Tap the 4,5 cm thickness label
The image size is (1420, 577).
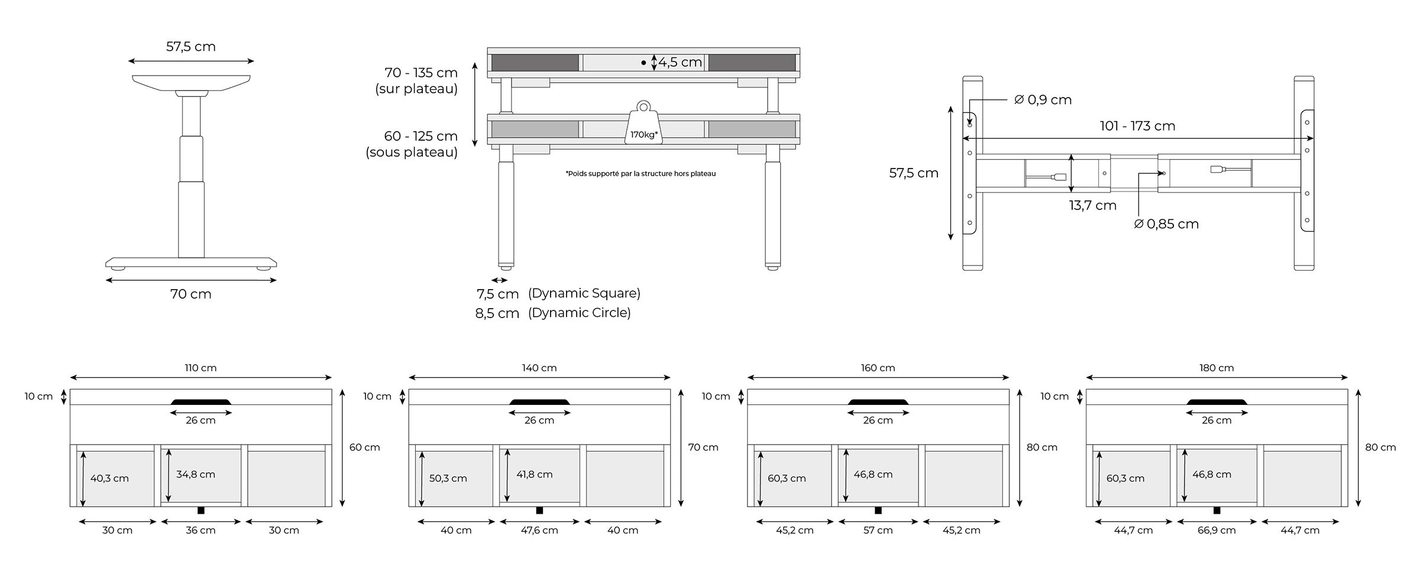coord(680,62)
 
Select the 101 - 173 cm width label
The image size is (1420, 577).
coord(1137,126)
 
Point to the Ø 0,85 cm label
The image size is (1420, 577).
coord(1166,224)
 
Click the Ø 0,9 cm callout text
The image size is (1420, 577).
coord(1043,100)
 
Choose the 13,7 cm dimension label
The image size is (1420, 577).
coord(1092,206)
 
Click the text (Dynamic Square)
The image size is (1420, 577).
coord(584,293)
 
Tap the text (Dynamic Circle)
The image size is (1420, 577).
coord(579,313)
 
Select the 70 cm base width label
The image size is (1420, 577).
coord(190,294)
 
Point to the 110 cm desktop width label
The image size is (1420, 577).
coord(200,368)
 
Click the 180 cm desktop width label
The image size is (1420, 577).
coord(1216,368)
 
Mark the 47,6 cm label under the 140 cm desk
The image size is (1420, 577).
coord(539,530)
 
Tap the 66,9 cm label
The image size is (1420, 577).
coord(1216,530)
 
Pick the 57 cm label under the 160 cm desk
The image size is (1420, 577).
coord(878,530)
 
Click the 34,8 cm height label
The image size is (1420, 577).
coord(195,474)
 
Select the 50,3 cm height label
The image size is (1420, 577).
coord(448,478)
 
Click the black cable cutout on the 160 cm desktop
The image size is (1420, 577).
coord(878,402)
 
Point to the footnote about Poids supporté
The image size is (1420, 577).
coord(641,174)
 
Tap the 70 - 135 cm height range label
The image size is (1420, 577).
coord(420,73)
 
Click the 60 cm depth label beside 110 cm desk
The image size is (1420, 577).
coord(364,448)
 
